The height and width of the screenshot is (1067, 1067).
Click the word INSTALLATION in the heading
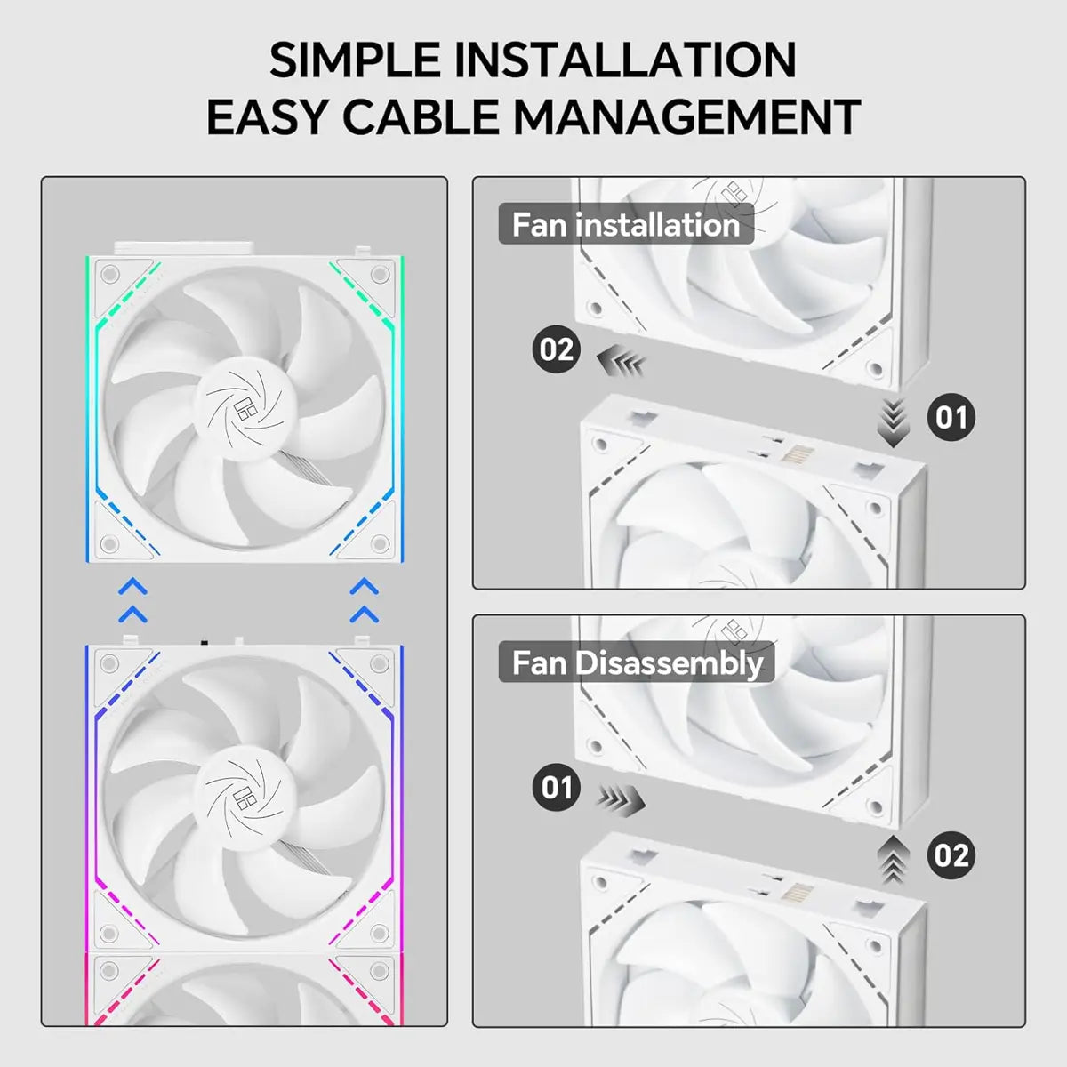click(625, 60)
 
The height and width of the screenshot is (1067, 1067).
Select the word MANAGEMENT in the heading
click(686, 118)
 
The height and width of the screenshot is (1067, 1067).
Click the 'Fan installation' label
click(626, 225)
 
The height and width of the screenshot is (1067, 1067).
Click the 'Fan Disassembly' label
click(637, 663)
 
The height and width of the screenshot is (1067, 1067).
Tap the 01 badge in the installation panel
click(951, 417)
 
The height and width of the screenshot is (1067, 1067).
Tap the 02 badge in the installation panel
click(557, 349)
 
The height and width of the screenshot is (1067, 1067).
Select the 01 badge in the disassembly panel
click(557, 787)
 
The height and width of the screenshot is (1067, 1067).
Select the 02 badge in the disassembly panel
click(951, 855)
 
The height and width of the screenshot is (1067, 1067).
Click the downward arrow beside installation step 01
click(894, 422)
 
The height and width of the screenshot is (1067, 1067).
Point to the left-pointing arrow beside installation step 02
click(620, 362)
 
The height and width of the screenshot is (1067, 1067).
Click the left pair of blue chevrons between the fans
click(132, 600)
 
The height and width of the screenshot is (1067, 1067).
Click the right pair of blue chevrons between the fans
click(365, 600)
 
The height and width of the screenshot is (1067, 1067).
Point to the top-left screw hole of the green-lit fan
click(109, 272)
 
